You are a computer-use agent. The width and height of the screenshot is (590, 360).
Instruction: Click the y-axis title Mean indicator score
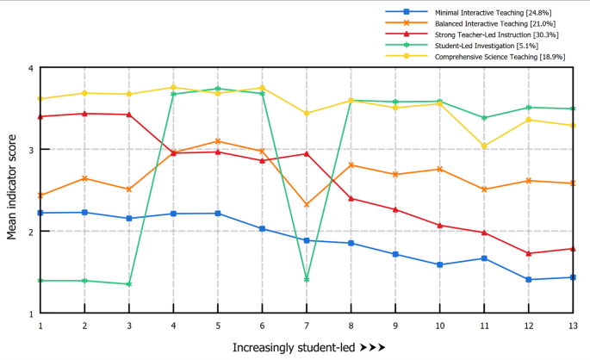(12, 190)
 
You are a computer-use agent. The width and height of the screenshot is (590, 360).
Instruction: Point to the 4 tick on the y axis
(30, 68)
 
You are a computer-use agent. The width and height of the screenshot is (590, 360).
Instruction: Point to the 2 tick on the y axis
(30, 232)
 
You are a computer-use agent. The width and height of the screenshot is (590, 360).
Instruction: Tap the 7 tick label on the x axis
(306, 326)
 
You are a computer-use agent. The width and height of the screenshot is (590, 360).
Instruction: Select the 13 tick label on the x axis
(572, 326)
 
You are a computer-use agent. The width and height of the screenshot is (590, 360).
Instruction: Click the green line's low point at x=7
(306, 280)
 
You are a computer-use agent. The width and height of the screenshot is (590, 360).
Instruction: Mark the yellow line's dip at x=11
(483, 146)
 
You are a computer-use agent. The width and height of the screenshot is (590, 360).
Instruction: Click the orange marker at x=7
(306, 205)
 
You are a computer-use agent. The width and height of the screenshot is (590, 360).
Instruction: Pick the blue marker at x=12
(528, 279)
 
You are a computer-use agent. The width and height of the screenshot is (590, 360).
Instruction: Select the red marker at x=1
(40, 116)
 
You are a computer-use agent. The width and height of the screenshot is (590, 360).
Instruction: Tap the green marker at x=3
(128, 284)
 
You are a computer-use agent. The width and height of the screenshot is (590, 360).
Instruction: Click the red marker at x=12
(528, 253)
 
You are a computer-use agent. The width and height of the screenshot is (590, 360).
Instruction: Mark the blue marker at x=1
(40, 213)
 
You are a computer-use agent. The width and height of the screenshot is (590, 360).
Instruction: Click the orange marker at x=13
(572, 183)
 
